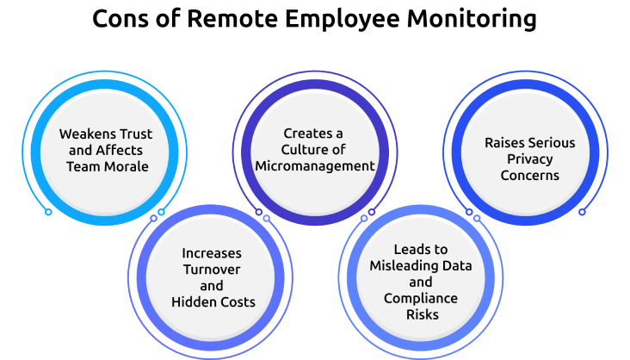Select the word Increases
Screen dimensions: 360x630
212,254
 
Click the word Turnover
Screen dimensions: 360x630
212,270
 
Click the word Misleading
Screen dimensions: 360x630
408,265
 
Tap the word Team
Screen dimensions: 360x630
84,165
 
